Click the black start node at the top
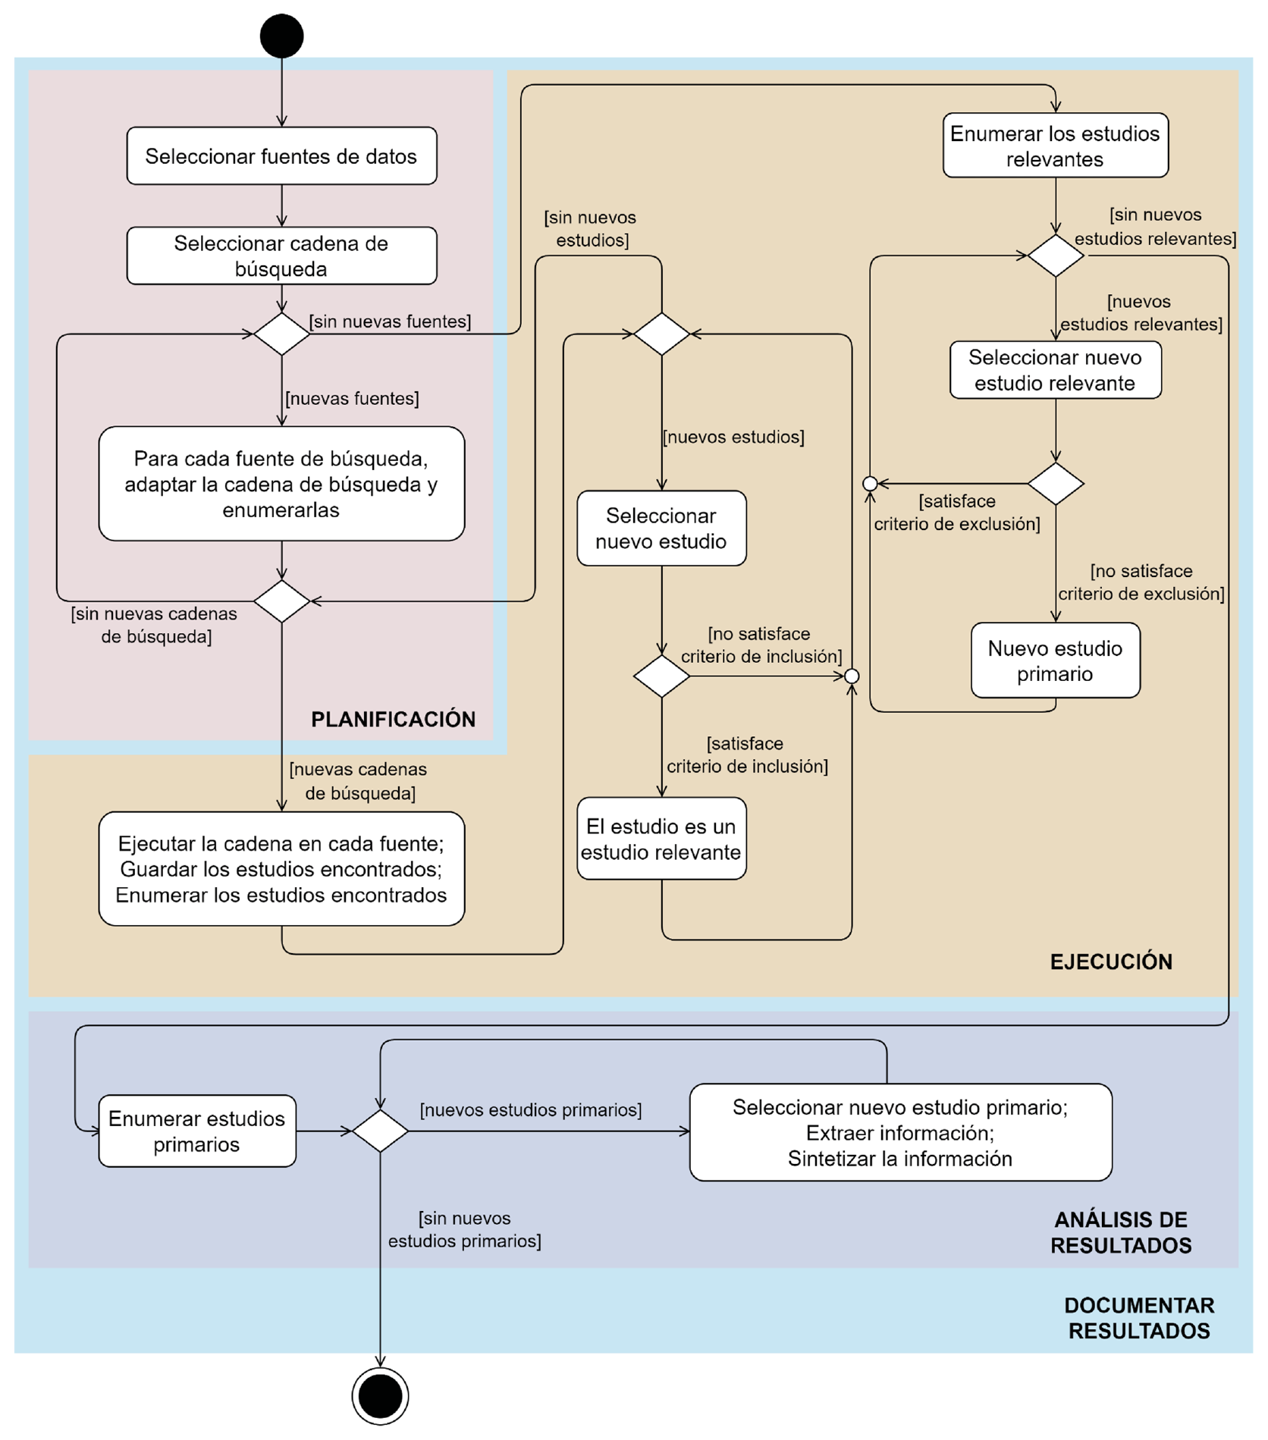tap(281, 36)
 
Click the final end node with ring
tap(380, 1396)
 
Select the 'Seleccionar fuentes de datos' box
tap(281, 155)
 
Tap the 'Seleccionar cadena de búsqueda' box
tap(281, 256)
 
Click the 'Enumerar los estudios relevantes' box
tap(1055, 146)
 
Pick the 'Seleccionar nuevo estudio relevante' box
tap(1055, 370)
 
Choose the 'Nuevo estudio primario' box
tap(1055, 660)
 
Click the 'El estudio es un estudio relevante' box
tap(661, 839)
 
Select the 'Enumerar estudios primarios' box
tap(197, 1131)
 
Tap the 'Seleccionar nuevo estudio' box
tap(661, 529)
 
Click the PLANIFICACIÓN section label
tap(394, 720)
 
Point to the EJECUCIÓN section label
tap(1111, 962)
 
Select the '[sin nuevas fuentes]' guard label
tap(390, 322)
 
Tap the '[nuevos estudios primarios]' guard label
tap(531, 1110)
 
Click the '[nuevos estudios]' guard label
tap(733, 437)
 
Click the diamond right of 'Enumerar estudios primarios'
tap(380, 1131)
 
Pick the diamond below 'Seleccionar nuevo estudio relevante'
tap(1056, 484)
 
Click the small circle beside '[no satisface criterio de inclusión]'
tap(852, 676)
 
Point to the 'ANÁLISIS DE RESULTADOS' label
tap(1121, 1233)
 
